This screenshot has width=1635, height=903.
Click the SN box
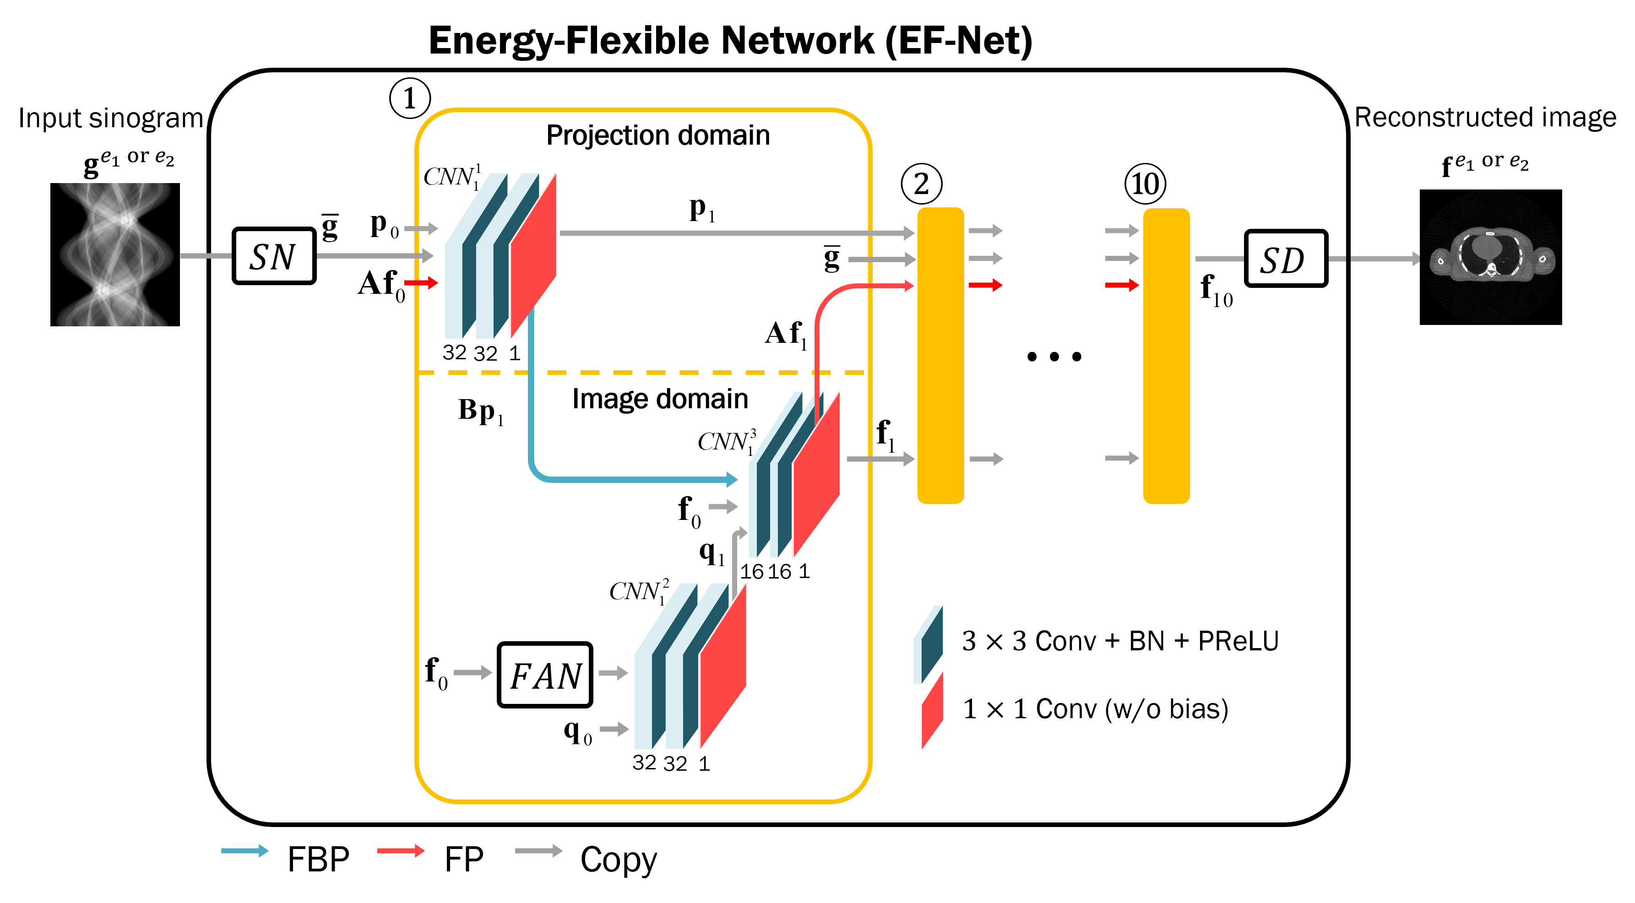click(273, 256)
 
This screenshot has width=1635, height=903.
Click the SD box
click(1285, 258)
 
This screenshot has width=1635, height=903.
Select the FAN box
click(544, 675)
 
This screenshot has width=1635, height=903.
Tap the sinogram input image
click(114, 254)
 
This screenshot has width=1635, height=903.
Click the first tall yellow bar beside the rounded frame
click(940, 355)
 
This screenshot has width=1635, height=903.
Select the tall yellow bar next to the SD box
click(1166, 355)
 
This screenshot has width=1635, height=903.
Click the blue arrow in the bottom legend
click(244, 851)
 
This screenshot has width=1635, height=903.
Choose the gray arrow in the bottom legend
click(538, 851)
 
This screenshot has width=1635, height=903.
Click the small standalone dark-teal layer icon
click(928, 644)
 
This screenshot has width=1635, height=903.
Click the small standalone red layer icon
click(932, 711)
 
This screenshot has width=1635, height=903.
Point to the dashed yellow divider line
click(641, 373)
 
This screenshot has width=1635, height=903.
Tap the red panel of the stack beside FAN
click(722, 666)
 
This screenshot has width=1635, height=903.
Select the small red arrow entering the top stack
click(421, 282)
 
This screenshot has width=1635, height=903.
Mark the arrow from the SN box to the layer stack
click(375, 256)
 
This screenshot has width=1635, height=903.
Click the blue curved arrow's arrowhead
click(732, 479)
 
